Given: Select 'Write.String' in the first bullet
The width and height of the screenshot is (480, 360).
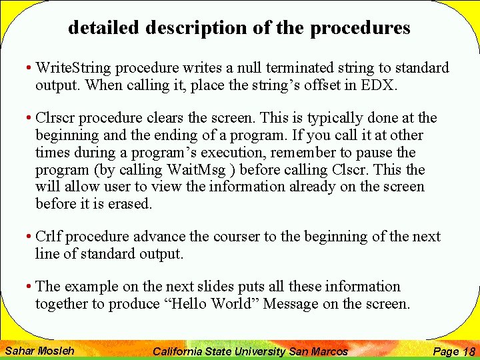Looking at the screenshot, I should coord(69,68).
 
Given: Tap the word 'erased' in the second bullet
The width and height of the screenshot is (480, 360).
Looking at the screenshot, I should coord(131,205).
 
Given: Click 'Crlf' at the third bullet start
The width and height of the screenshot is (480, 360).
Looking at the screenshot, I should coord(49,237).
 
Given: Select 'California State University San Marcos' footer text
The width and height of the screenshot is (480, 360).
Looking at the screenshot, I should coord(250,351).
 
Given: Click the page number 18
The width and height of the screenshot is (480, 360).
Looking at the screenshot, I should coord(469,351).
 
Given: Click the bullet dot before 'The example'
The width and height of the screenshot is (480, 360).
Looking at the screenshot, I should coord(29,287).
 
